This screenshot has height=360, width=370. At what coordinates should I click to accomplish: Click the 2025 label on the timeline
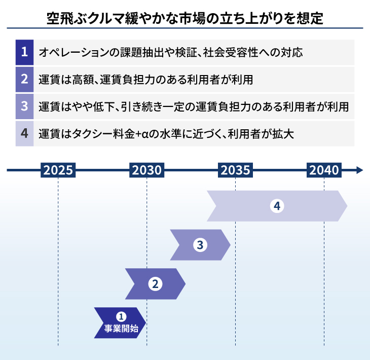(x=58, y=170)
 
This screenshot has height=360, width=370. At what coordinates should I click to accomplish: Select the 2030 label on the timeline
(x=147, y=170)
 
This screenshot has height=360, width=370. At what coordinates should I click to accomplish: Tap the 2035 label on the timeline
(x=235, y=170)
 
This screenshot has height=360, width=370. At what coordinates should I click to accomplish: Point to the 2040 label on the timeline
(x=324, y=170)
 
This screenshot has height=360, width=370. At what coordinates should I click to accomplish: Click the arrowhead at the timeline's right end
(x=359, y=170)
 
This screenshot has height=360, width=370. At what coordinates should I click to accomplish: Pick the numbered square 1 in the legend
(x=24, y=52)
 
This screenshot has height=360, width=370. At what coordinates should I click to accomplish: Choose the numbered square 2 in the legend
(x=24, y=80)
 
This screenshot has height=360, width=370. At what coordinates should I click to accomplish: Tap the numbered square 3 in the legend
(x=24, y=107)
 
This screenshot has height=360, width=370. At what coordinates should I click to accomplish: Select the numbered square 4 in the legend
(x=24, y=134)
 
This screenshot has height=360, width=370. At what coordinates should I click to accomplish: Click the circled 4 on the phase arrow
(x=276, y=206)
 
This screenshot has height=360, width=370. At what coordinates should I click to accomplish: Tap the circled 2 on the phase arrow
(x=155, y=284)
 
